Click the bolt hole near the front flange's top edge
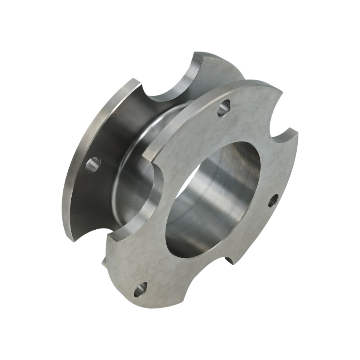coord(224,108)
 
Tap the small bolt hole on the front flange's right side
coord(273,201)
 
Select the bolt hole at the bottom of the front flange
coord(140,289)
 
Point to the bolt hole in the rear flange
coord(93,165)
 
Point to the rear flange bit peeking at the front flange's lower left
coord(104,261)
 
